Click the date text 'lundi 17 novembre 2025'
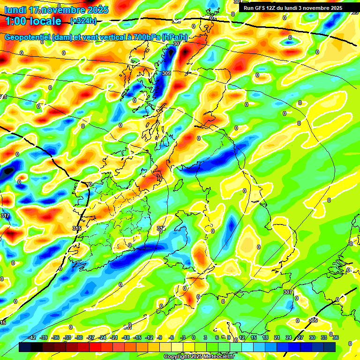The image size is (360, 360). click(x=56, y=10)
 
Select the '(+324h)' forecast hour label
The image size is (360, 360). click(x=83, y=21)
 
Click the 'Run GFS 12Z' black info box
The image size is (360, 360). click(x=299, y=8)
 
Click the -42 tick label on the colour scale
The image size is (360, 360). click(x=32, y=337)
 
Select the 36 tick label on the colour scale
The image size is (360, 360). click(x=335, y=337)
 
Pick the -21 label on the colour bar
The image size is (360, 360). click(x=114, y=337)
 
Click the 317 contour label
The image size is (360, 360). click(x=5, y=216)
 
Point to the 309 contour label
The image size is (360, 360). click(x=166, y=74)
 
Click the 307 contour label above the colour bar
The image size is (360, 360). click(x=288, y=292)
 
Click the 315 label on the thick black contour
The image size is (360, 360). click(x=77, y=228)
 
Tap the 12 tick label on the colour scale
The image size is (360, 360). click(x=241, y=337)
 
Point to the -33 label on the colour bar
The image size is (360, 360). click(x=67, y=337)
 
